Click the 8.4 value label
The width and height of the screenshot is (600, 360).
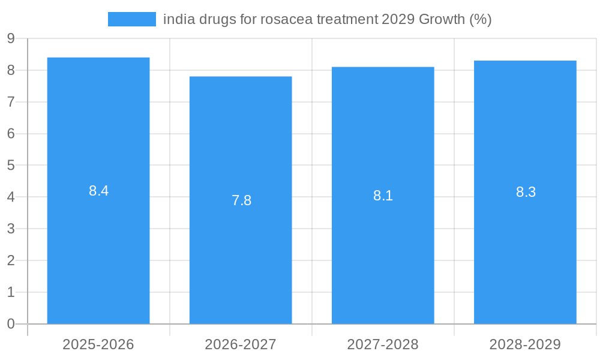98,191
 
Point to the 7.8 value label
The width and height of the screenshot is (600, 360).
241,200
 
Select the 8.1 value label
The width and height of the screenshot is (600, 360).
383,196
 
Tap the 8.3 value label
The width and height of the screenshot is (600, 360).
526,192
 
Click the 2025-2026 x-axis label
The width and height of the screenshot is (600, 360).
98,344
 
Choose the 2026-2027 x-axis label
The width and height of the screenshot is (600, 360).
241,344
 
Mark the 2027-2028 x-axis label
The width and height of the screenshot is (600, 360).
383,344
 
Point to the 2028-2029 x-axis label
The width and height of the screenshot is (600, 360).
525,344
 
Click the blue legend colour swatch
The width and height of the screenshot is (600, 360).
131,19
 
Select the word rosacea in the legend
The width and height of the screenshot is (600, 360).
283,19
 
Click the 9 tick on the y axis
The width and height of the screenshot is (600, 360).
11,39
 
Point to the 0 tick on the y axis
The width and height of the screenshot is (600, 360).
11,324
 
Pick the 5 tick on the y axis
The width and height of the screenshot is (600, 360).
11,166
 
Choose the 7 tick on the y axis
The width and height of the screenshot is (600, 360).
11,102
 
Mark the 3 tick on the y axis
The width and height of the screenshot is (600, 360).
11,229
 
